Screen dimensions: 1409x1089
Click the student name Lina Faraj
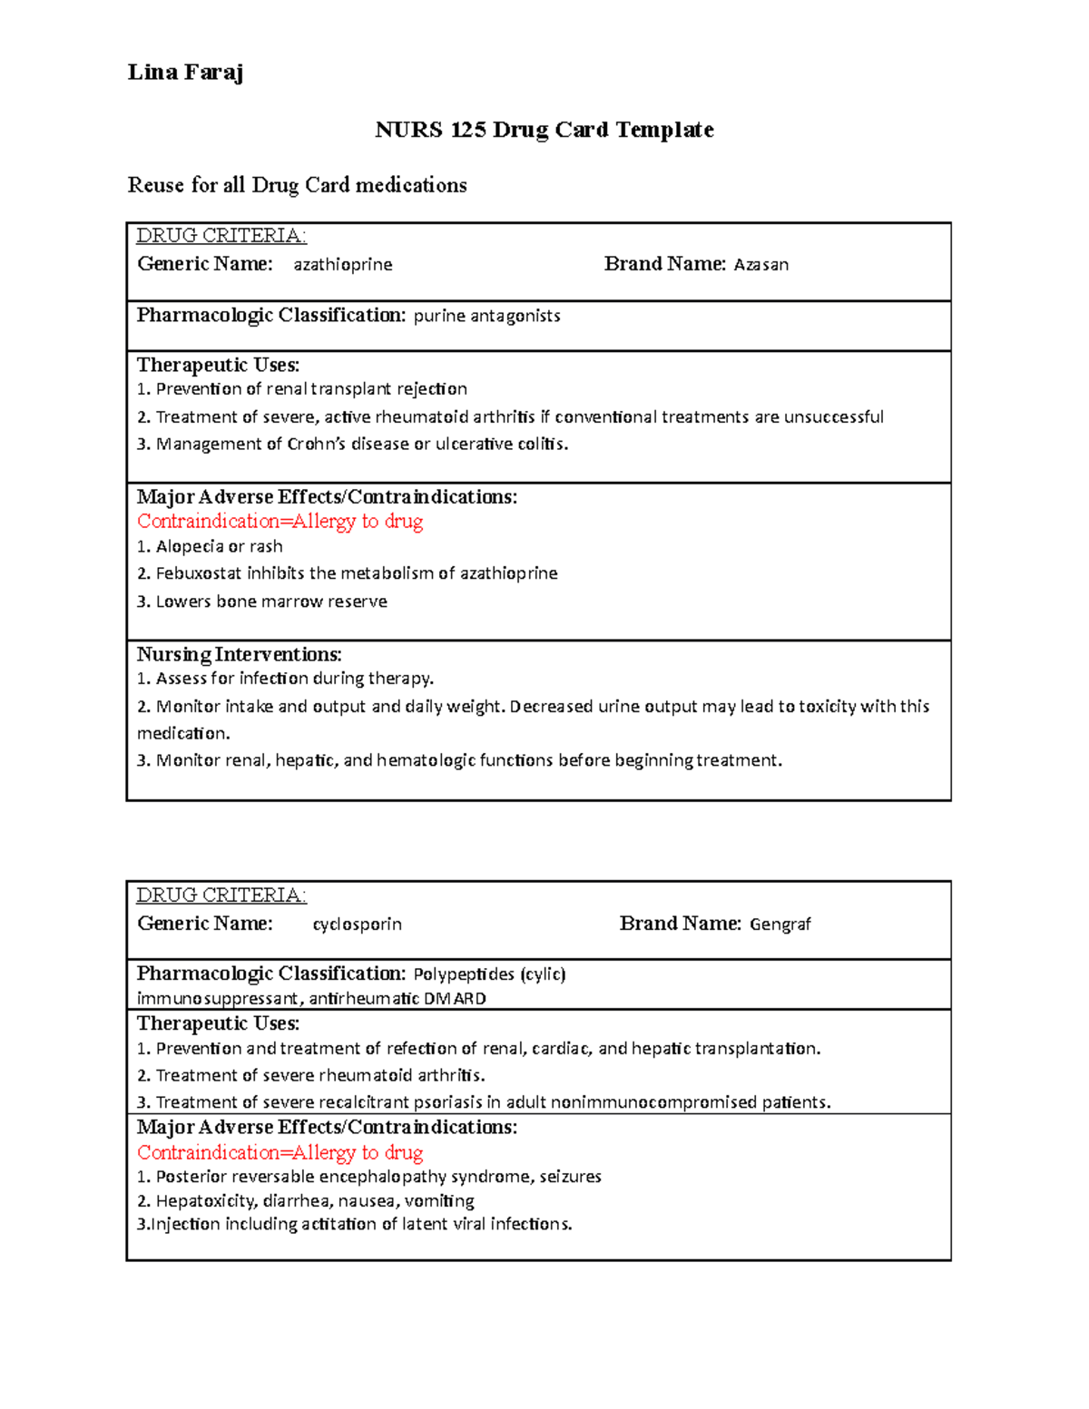(x=185, y=73)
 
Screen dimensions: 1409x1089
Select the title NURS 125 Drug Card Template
(x=544, y=130)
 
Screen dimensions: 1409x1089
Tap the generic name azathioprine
(x=342, y=264)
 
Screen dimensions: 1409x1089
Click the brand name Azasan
(x=760, y=264)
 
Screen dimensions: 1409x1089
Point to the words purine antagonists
(x=486, y=316)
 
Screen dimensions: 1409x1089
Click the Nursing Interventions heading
(x=239, y=654)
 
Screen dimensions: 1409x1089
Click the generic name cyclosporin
(x=357, y=924)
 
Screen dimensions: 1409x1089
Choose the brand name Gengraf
(x=780, y=924)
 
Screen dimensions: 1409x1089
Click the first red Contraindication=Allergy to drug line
(x=280, y=522)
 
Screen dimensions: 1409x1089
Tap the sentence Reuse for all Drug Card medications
(x=297, y=185)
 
